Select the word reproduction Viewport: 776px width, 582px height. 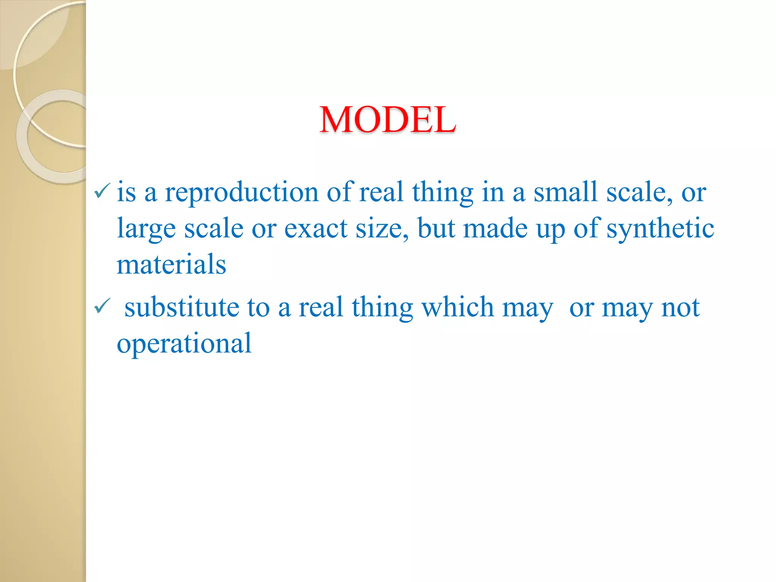[x=241, y=192]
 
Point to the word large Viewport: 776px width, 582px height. [x=146, y=228]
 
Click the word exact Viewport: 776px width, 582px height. [x=316, y=228]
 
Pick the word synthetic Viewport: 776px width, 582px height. [x=660, y=228]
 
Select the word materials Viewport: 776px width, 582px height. [x=171, y=264]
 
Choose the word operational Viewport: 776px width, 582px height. [x=184, y=343]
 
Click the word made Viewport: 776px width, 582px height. [x=495, y=228]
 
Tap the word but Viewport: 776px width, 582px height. [x=436, y=228]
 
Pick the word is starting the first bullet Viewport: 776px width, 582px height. [x=126, y=192]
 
